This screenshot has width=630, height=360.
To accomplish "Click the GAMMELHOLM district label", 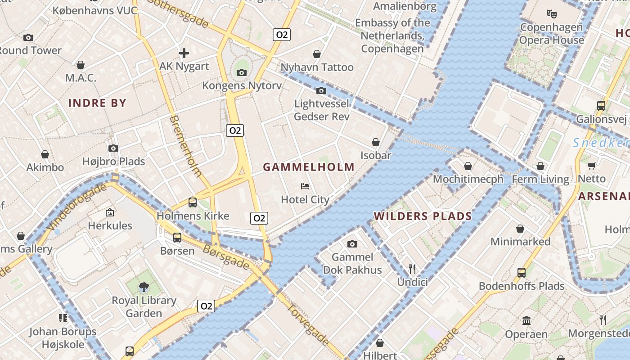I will tap(309, 167).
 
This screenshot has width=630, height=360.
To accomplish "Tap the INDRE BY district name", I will tap(97, 103).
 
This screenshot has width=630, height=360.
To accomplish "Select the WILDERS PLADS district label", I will tap(423, 216).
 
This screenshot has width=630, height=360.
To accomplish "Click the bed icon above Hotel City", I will tap(305, 186).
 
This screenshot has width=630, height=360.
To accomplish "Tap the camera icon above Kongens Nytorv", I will tap(242, 72).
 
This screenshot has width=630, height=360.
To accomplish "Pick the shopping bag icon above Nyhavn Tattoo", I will tap(317, 54).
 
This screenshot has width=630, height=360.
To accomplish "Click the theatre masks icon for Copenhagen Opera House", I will tap(551, 13).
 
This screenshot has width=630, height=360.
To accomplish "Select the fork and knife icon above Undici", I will tap(412, 269).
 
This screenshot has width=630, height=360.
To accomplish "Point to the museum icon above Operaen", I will tap(526, 321).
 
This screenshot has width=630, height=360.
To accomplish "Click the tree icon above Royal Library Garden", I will tap(144, 287).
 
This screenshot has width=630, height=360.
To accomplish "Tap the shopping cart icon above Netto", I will tap(592, 166).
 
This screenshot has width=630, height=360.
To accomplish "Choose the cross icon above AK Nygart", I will tap(184, 53).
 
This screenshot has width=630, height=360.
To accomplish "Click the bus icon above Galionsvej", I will tap(601, 106).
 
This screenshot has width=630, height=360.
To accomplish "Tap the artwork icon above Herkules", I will tap(110, 212).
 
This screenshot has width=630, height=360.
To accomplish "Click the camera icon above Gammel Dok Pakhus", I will tap(352, 244).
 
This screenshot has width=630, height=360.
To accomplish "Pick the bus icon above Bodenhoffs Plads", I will tap(521, 272).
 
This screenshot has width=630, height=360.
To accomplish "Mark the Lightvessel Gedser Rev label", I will tap(322, 110).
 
